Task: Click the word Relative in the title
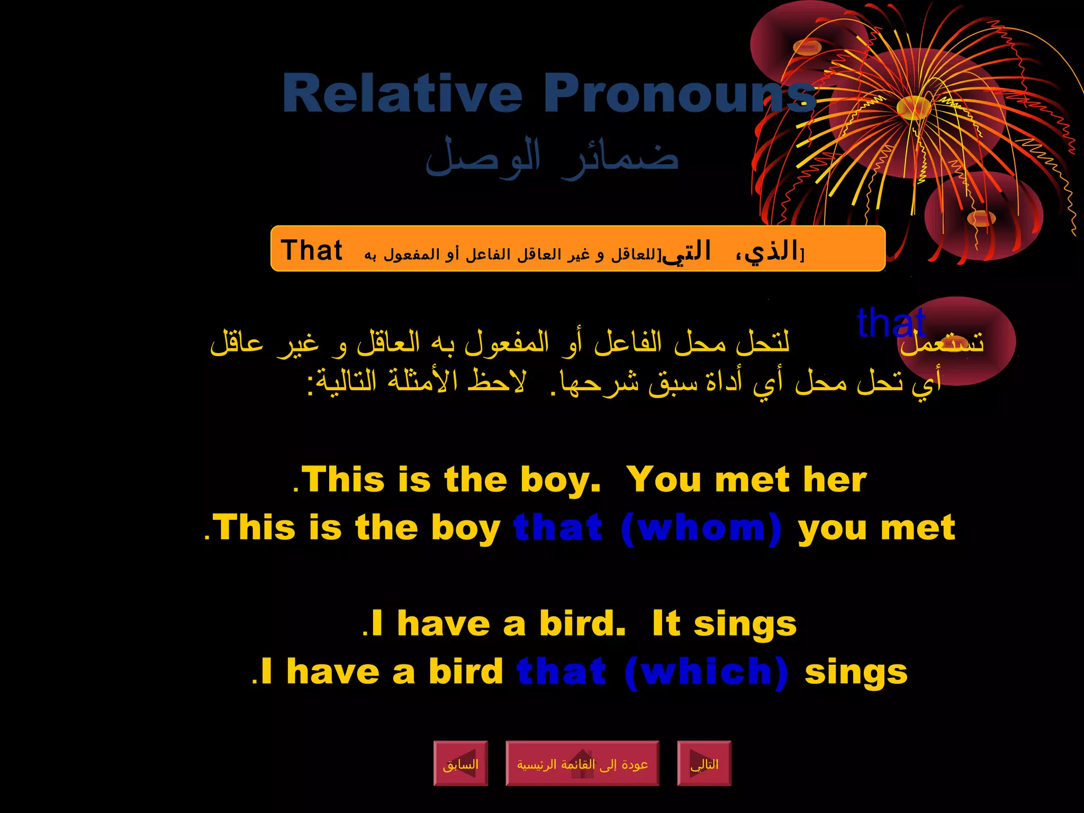coord(402,93)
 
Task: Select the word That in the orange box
coord(312,250)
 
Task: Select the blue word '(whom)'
coord(701,528)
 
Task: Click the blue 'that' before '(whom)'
coord(558,528)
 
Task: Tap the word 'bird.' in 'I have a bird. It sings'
coord(582,624)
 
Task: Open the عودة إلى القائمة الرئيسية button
coord(582,763)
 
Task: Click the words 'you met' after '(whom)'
coord(877,528)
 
